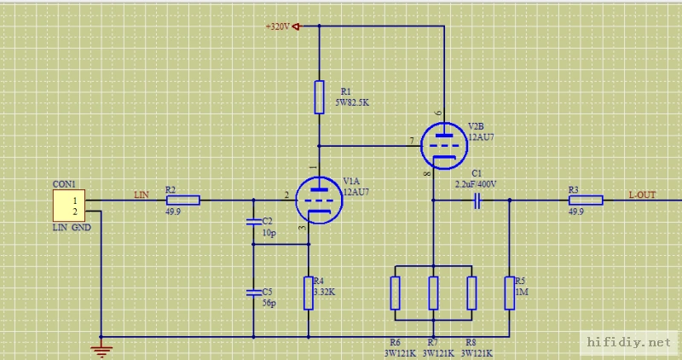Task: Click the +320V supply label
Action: (278, 26)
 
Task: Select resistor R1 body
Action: (319, 96)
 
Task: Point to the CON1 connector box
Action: (69, 206)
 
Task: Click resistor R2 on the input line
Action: (182, 200)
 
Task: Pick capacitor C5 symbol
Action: (253, 292)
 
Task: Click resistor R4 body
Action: (308, 293)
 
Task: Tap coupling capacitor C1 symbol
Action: (478, 200)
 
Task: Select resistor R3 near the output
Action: (586, 200)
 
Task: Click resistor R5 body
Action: (509, 292)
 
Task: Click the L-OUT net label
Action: (642, 195)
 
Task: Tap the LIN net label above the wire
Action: (142, 195)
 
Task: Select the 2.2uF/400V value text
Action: (476, 183)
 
